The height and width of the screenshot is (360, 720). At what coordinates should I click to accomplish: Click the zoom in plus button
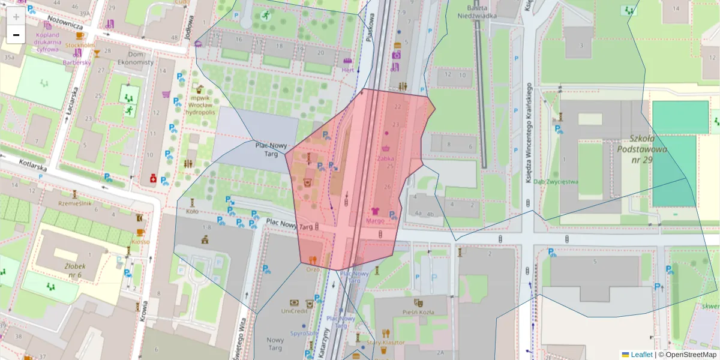[x=16, y=16]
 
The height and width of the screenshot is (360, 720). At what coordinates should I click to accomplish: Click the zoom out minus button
[x=16, y=35]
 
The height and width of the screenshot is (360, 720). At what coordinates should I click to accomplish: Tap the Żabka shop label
[x=386, y=158]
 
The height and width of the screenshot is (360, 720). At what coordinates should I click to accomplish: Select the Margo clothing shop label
[x=375, y=220]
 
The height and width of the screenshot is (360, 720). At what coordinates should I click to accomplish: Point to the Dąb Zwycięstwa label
[x=556, y=182]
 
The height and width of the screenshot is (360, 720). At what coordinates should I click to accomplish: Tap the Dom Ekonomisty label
[x=136, y=58]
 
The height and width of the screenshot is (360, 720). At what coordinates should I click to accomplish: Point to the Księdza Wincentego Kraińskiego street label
[x=530, y=132]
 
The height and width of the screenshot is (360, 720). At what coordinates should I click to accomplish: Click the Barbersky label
[x=77, y=62]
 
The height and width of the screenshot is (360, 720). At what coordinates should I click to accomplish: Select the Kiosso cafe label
[x=140, y=241]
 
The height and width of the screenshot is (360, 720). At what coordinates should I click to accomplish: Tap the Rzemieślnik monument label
[x=74, y=203]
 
